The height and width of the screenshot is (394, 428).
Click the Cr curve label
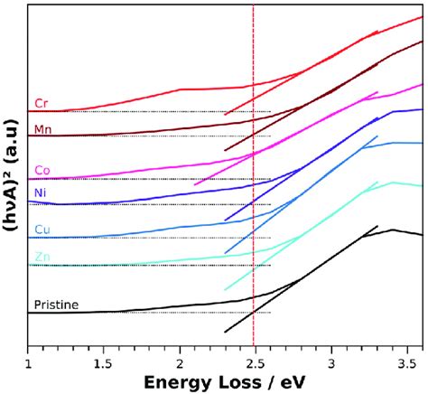click(x=41, y=103)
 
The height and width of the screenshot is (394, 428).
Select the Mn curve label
click(x=42, y=129)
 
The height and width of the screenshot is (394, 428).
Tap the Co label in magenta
click(x=42, y=170)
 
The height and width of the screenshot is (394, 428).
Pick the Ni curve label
click(x=41, y=193)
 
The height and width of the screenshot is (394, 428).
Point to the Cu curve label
click(x=42, y=228)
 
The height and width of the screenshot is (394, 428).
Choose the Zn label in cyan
click(x=42, y=258)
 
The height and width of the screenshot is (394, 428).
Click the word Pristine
click(x=56, y=305)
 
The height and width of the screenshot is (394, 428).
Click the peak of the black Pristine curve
click(x=392, y=230)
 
